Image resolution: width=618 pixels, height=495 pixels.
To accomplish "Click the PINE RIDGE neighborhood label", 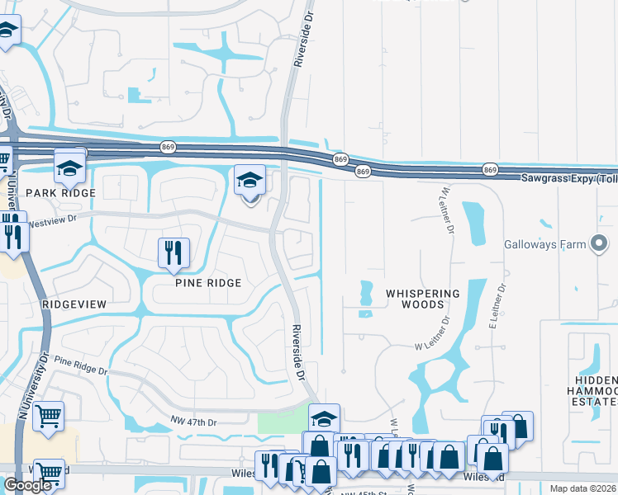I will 208,283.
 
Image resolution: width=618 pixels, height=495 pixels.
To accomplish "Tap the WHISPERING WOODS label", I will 422,299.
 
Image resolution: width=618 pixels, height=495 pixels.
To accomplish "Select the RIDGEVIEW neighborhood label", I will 74,304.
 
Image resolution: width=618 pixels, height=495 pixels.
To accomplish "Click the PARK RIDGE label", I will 60,192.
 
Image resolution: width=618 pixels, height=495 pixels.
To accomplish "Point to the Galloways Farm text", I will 544,244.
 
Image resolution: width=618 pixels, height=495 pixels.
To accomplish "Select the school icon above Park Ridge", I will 70,167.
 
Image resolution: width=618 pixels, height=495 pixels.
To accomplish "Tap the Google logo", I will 27,485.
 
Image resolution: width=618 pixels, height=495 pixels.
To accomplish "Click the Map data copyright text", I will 583,488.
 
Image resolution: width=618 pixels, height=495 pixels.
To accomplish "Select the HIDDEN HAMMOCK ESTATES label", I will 595,389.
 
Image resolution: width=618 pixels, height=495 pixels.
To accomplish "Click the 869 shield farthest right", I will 490,169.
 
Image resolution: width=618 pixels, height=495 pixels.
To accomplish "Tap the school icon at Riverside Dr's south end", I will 324,417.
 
